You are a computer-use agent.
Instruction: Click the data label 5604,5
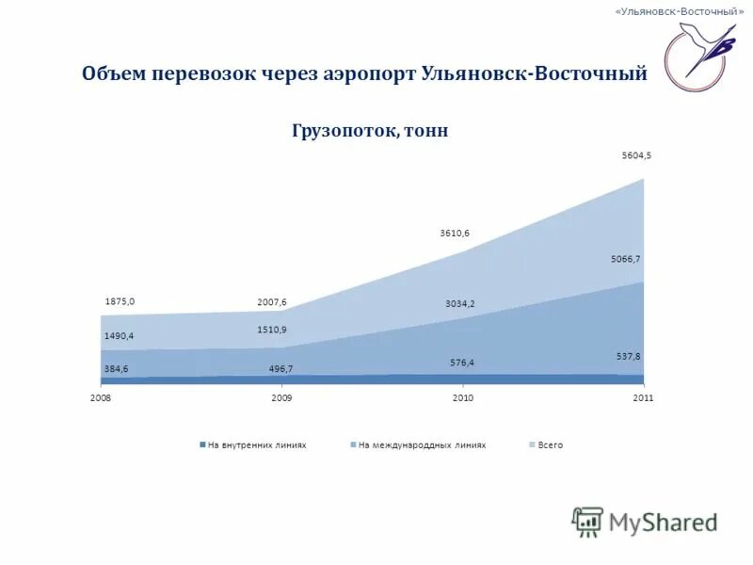pyautogui.click(x=635, y=156)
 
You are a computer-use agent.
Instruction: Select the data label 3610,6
pyautogui.click(x=455, y=233)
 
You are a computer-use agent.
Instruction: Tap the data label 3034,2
pyautogui.click(x=460, y=303)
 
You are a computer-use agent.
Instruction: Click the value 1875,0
pyautogui.click(x=120, y=301)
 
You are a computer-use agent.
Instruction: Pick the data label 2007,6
pyautogui.click(x=271, y=302)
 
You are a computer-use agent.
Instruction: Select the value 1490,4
pyautogui.click(x=119, y=335)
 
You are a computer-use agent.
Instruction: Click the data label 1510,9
pyautogui.click(x=272, y=330)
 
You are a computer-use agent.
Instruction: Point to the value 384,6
pyautogui.click(x=116, y=369)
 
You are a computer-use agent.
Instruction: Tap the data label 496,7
pyautogui.click(x=281, y=369)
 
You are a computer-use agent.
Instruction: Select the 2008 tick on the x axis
pyautogui.click(x=101, y=398)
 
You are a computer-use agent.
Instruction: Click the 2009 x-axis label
pyautogui.click(x=281, y=398)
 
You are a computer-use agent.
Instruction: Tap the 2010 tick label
pyautogui.click(x=462, y=398)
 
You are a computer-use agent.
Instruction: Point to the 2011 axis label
pyautogui.click(x=643, y=398)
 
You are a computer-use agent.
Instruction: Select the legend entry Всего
pyautogui.click(x=550, y=444)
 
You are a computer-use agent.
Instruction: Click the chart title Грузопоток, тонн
pyautogui.click(x=370, y=132)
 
